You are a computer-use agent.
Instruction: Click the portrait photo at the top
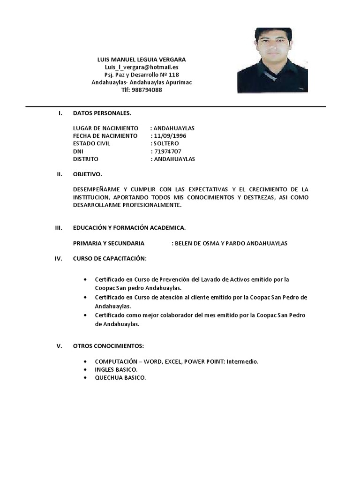tap(272, 60)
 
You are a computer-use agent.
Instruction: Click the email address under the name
tap(141, 67)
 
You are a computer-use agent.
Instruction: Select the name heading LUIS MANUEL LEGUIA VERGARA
tap(141, 60)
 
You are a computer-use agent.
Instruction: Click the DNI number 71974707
tap(167, 151)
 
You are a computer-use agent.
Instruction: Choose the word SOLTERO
tap(166, 143)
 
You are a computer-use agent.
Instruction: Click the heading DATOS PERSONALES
tap(102, 113)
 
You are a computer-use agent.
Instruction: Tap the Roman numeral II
tap(60, 174)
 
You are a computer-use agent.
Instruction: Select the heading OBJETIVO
tap(87, 174)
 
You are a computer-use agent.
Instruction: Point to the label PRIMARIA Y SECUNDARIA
tap(109, 243)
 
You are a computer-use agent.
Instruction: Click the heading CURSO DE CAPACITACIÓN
tap(110, 258)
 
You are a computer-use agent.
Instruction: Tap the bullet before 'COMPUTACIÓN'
tap(84, 362)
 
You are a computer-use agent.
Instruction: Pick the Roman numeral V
tap(60, 346)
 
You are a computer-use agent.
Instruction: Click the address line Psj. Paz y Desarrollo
tap(141, 75)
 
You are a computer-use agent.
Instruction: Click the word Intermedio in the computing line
tap(242, 362)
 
